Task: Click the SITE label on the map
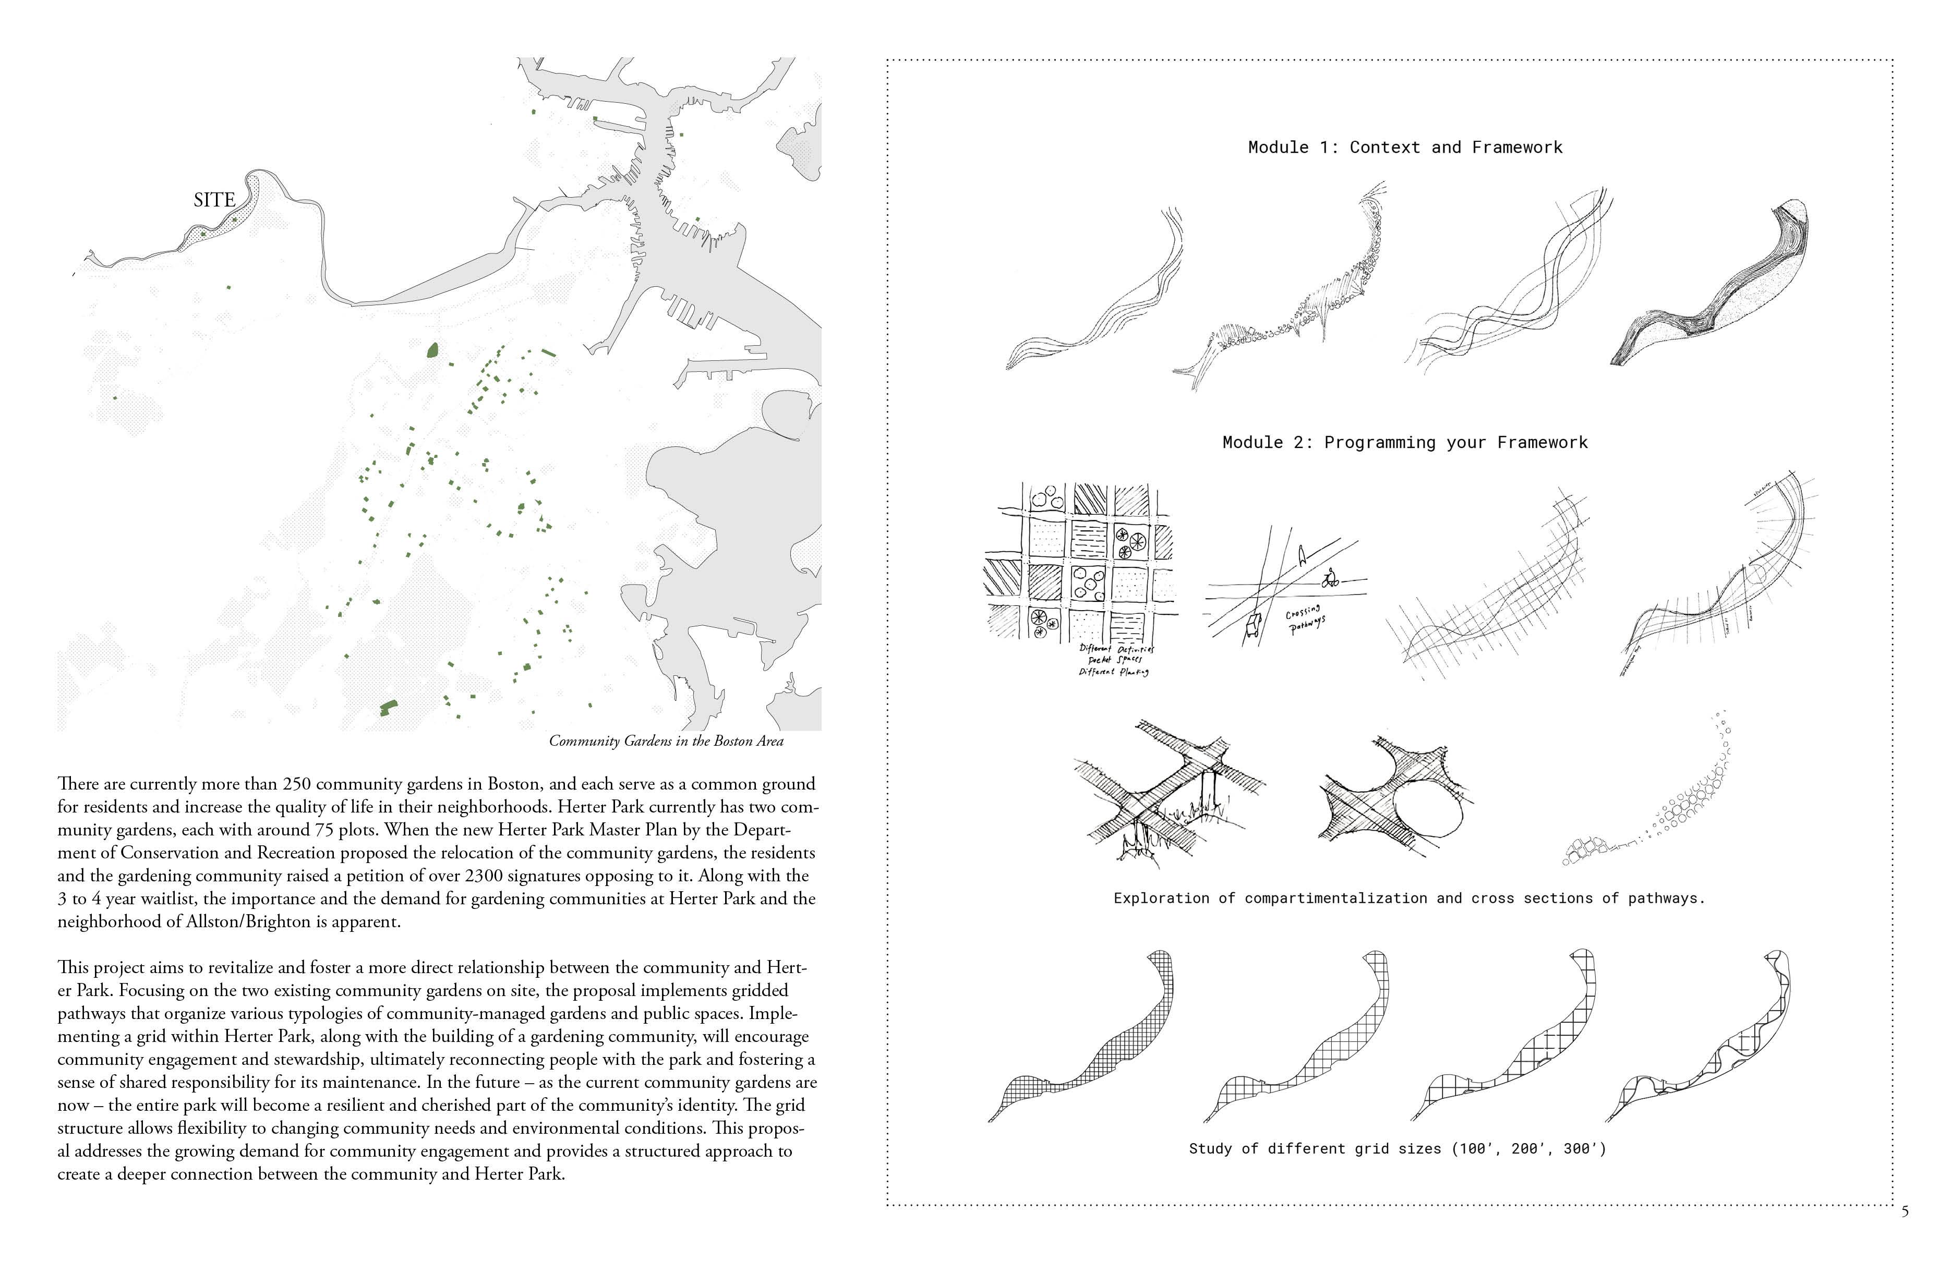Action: click(214, 200)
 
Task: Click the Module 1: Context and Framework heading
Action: click(1404, 148)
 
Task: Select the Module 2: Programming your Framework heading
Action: click(1404, 443)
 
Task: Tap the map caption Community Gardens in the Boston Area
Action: click(666, 741)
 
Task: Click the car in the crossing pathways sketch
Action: click(1253, 627)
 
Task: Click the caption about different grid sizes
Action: click(1397, 1149)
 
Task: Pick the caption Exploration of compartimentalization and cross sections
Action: click(1408, 898)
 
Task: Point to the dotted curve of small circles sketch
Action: click(1664, 803)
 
